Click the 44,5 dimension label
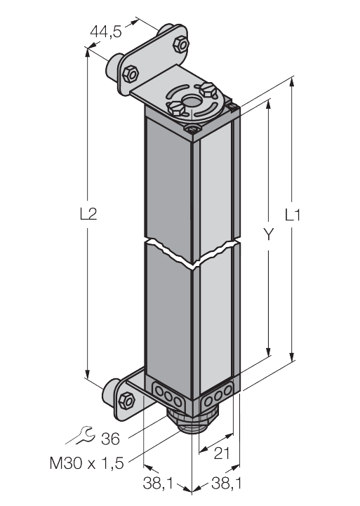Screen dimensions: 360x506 point(106,32)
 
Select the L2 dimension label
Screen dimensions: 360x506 point(88,213)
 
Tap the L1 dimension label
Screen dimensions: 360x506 point(293,215)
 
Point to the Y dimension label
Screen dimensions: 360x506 point(268,234)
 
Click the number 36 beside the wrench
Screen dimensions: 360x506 point(111,439)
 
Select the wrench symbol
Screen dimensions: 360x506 point(82,435)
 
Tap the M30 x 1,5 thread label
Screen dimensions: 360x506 point(87,463)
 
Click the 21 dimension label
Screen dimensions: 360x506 point(222,453)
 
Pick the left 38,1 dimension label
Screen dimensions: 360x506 point(158,483)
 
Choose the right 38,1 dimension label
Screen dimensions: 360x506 point(227,483)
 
